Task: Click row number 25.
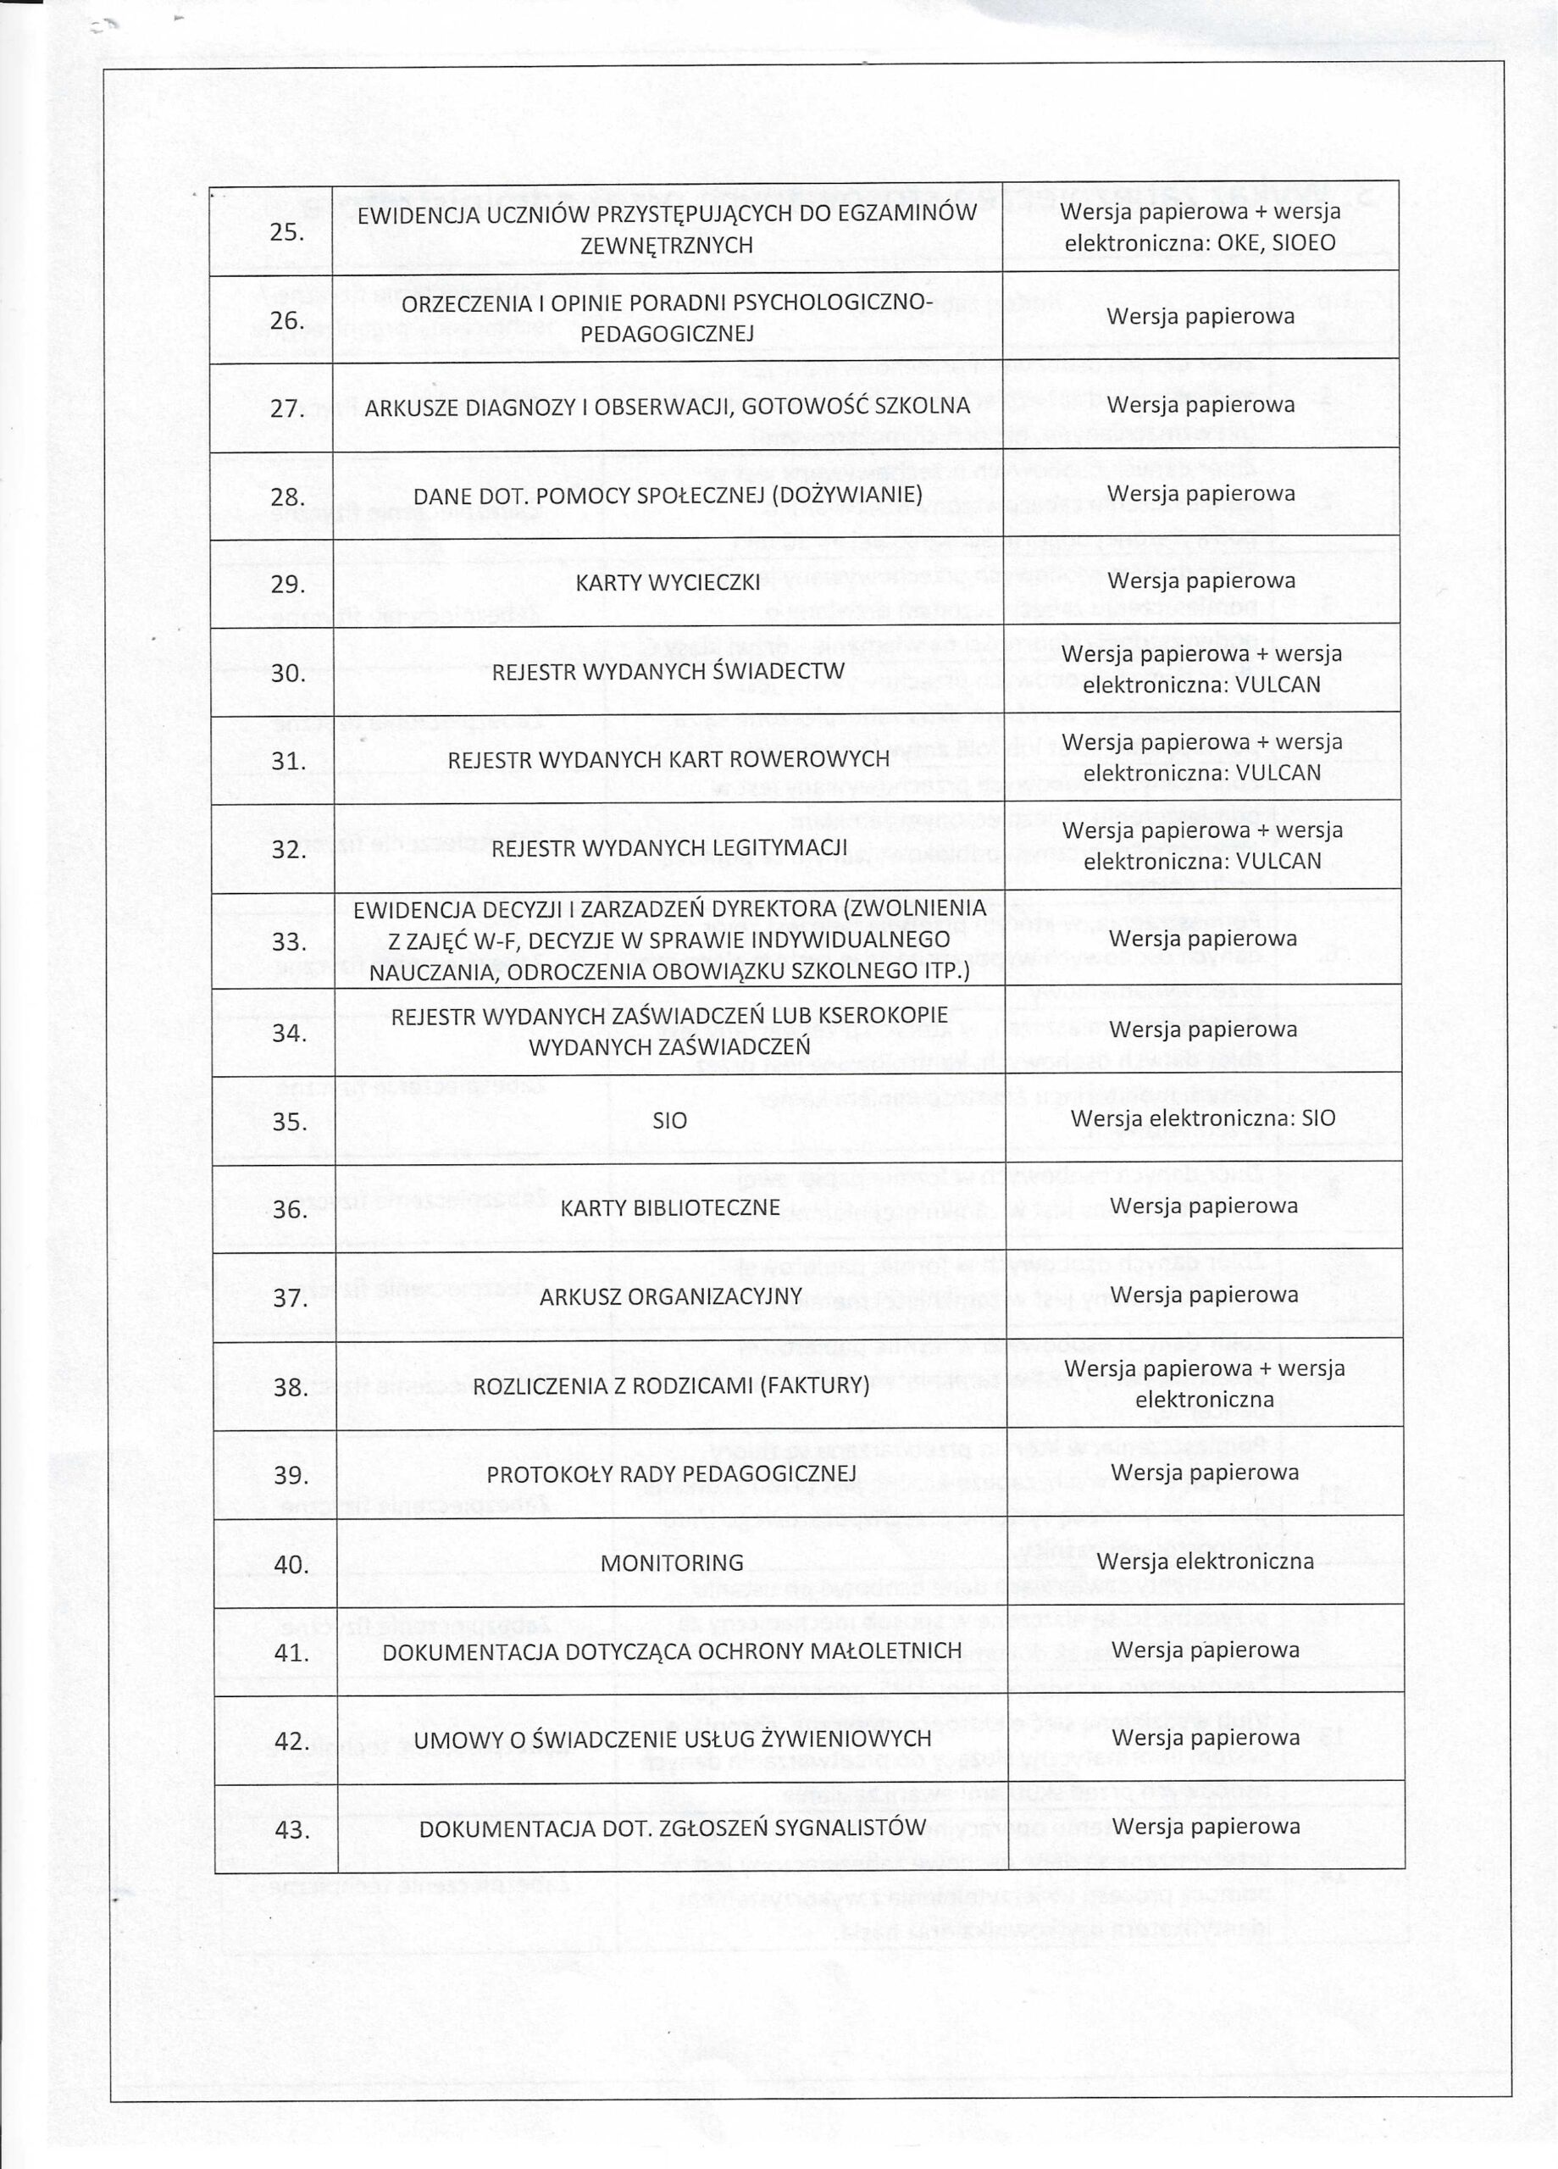pos(287,232)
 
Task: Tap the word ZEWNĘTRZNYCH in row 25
pos(667,246)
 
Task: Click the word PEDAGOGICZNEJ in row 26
pos(667,334)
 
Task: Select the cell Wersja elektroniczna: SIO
pos(1202,1119)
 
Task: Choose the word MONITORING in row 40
pos(671,1562)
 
